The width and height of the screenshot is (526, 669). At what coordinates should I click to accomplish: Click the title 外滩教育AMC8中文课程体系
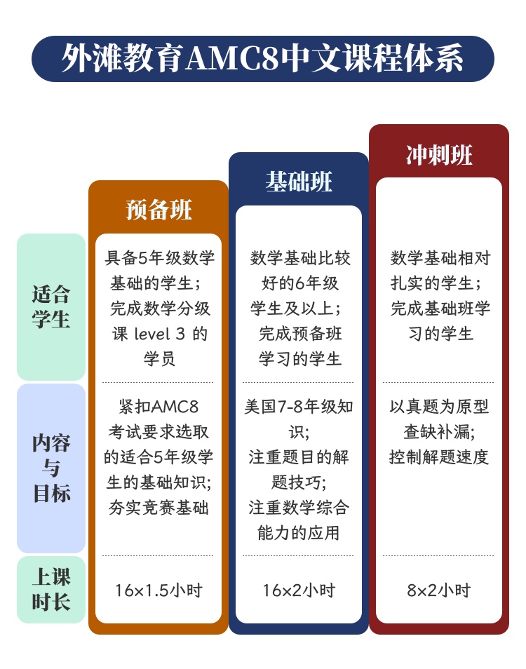[x=263, y=59]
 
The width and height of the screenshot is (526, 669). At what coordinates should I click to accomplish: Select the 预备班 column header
[x=159, y=210]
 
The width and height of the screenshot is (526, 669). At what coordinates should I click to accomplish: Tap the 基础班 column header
[x=299, y=182]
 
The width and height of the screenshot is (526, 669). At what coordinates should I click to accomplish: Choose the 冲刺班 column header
[x=439, y=154]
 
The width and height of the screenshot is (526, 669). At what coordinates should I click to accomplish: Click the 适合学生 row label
[x=51, y=306]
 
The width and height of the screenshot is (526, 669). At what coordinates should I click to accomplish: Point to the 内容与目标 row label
[x=51, y=468]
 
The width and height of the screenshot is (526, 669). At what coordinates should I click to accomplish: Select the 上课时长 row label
[x=51, y=590]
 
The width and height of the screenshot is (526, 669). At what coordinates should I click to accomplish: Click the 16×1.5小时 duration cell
[x=159, y=590]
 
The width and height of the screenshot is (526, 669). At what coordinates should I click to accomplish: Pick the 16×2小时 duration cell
[x=299, y=590]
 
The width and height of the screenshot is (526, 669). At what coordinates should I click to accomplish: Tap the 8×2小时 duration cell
[x=439, y=590]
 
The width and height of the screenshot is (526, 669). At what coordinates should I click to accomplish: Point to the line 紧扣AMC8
[x=159, y=407]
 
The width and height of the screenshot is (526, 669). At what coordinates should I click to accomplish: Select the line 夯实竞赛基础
[x=159, y=507]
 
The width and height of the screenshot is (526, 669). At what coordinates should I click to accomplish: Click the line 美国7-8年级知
[x=299, y=407]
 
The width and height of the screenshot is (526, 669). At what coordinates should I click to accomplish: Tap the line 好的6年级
[x=299, y=283]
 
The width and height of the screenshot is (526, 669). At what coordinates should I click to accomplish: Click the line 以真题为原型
[x=439, y=407]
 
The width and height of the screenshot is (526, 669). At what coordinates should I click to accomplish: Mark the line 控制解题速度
[x=439, y=457]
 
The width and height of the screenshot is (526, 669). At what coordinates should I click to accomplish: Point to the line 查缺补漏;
[x=439, y=432]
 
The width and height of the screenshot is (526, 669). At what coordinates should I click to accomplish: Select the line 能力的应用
[x=299, y=532]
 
